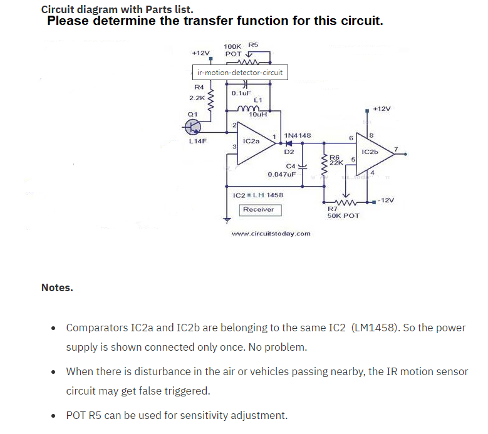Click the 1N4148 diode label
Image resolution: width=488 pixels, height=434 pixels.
point(298,135)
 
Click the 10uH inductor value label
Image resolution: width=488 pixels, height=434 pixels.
point(258,115)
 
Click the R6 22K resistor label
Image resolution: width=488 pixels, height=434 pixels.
point(335,160)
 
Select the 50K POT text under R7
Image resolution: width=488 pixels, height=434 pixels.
point(343,215)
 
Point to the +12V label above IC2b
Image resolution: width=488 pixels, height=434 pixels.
point(382,108)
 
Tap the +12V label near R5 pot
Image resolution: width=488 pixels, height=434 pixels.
point(200,54)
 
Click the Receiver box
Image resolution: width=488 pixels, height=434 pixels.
point(259,209)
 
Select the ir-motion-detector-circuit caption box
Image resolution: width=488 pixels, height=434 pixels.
point(239,73)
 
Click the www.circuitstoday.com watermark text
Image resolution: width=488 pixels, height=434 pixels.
point(271,234)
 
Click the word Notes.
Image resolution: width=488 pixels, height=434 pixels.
point(57,288)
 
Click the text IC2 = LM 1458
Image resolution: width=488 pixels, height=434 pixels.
point(257,195)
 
